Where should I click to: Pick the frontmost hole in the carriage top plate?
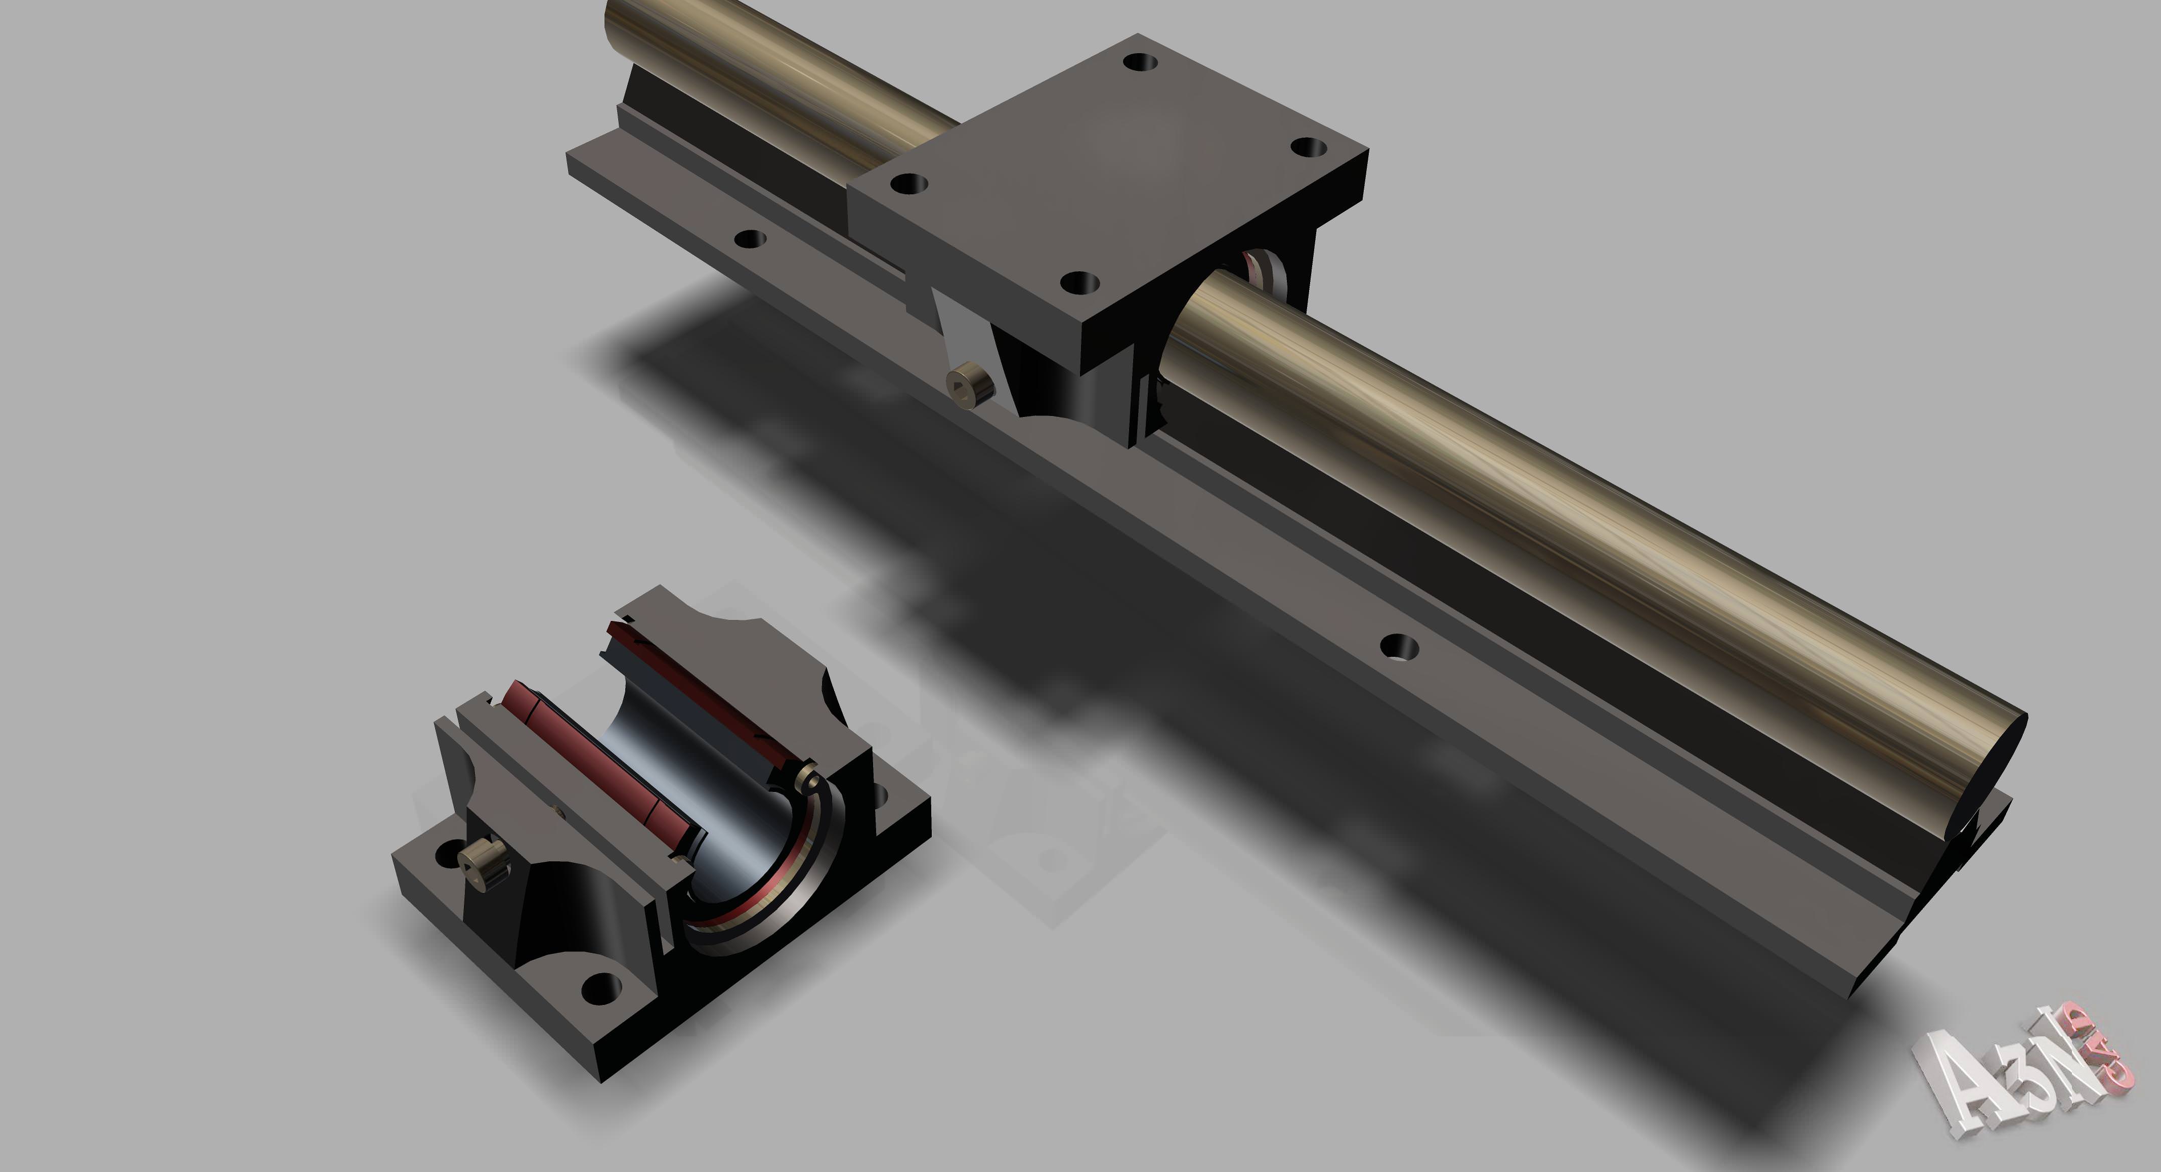(x=1079, y=283)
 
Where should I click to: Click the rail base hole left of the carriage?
(x=750, y=239)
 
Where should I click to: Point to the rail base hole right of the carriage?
(x=1399, y=647)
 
